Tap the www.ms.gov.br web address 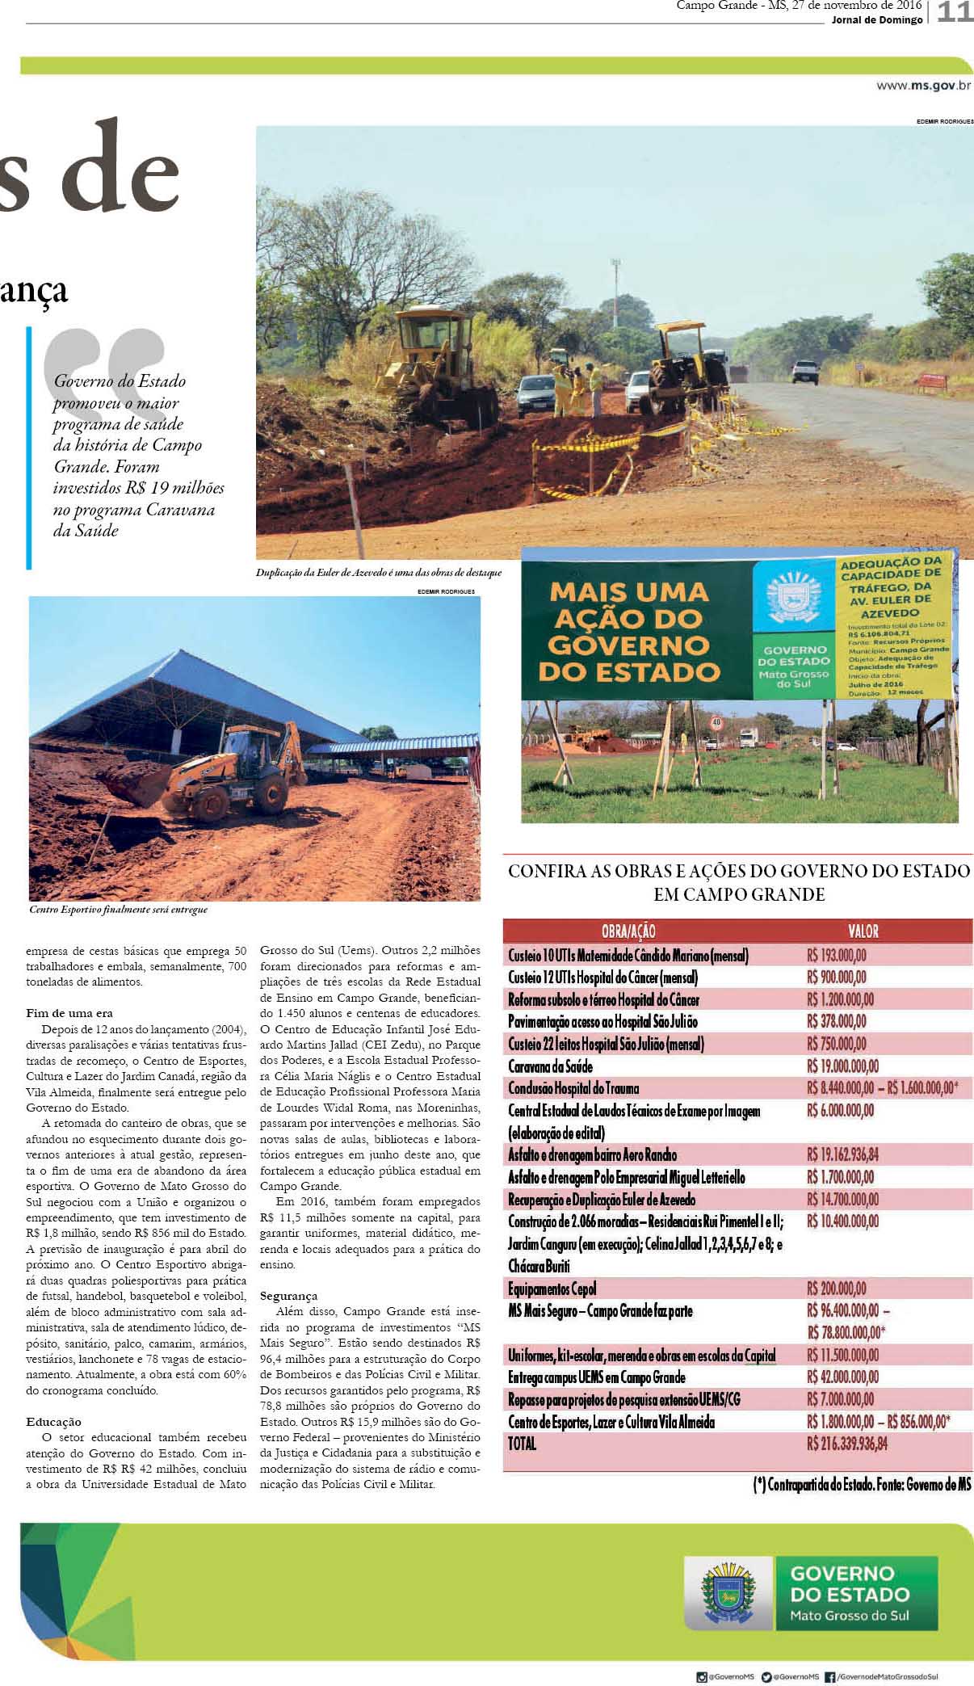923,85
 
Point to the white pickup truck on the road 805,371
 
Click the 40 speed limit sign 716,721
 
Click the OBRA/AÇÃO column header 628,931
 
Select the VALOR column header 863,931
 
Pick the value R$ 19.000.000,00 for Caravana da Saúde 842,1066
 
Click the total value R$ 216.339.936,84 846,1444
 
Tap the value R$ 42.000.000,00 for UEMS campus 842,1377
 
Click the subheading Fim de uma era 69,1013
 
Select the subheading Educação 53,1422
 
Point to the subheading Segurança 288,1296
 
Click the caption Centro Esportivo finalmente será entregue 118,910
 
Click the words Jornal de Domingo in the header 876,20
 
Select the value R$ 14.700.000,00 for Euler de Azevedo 842,1200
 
